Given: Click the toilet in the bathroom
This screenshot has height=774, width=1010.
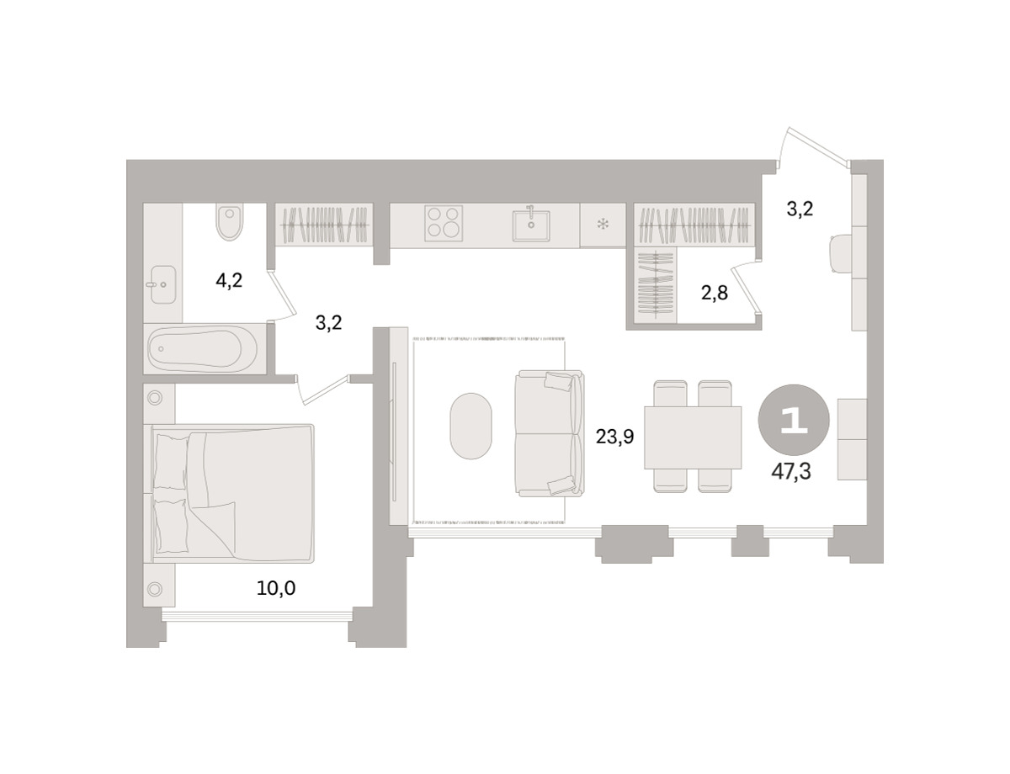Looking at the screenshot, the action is coord(229,222).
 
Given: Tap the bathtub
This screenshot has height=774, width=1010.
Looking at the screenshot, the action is coord(202,348).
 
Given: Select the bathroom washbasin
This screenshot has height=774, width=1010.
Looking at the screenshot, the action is coord(161,284).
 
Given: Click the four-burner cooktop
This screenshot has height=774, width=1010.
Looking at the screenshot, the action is coord(444,224).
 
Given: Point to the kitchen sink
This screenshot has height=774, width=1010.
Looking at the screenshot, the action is coord(531,225).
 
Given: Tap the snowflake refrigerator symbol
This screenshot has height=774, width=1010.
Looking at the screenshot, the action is coord(603,225).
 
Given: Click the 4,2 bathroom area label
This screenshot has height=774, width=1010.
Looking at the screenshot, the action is coord(229,281).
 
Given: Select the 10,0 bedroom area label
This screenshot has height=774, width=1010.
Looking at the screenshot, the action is coord(276,589).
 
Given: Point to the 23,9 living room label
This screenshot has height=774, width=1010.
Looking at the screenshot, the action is coord(615,437).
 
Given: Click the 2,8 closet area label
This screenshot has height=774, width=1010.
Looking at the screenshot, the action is coord(715,293).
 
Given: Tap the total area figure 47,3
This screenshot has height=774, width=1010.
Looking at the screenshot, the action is coord(791,472).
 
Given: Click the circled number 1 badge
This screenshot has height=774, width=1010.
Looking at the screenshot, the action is coord(794,420).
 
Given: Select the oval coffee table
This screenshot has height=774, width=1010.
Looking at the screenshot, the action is coord(470,426).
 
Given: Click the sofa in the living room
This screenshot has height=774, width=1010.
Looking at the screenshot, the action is coord(549,433).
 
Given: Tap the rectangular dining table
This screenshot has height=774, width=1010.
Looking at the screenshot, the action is coord(693,437).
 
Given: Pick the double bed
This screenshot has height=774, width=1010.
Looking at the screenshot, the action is coord(233,493).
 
